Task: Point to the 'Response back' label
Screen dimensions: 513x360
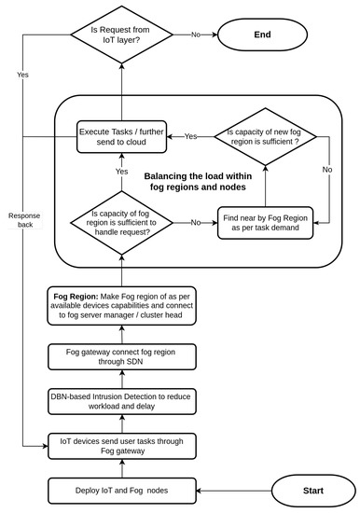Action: coord(24,220)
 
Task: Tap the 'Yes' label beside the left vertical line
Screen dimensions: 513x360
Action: coord(23,74)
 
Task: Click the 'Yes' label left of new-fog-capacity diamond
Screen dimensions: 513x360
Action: coord(190,136)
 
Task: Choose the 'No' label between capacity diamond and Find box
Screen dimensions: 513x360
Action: coord(196,224)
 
